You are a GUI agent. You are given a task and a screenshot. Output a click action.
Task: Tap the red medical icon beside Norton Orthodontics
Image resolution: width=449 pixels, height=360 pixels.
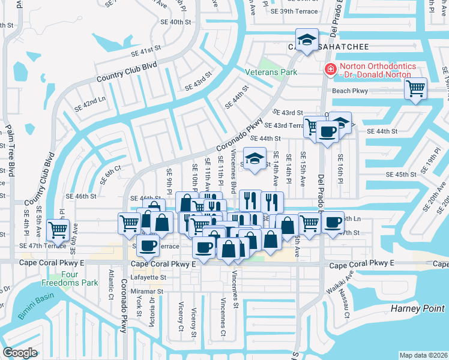329,70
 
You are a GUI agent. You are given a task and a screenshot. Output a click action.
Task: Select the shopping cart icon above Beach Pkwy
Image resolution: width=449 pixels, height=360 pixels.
415,89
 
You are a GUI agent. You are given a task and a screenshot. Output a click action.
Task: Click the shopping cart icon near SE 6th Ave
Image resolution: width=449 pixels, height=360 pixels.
58,229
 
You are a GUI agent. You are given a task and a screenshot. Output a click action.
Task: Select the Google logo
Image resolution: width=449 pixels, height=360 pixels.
19,352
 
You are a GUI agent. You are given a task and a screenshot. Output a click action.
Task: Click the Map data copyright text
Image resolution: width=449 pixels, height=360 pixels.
423,355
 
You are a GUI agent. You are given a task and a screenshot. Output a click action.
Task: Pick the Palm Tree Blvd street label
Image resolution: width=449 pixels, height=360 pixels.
10,150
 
